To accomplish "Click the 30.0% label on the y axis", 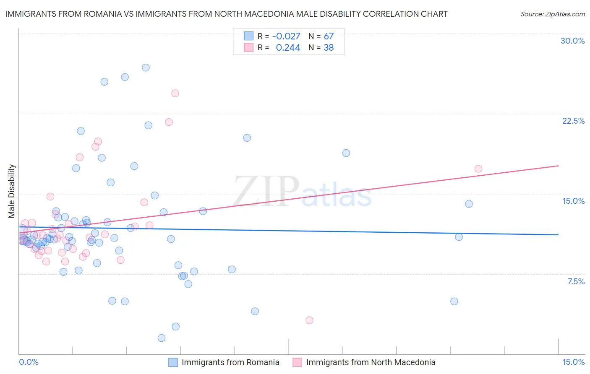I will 572,41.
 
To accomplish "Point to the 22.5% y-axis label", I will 573,121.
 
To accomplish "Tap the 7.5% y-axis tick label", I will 576,281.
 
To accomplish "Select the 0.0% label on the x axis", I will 29,362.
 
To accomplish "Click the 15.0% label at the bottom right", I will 573,362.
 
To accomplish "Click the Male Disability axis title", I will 11,191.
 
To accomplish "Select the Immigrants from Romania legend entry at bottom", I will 230,362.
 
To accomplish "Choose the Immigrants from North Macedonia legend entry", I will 371,362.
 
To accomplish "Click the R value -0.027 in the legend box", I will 286,36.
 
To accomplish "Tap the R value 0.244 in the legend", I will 288,48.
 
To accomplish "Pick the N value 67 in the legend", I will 329,36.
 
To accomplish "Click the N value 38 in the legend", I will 329,48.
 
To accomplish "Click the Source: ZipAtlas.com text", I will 552,14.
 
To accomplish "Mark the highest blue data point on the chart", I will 146,68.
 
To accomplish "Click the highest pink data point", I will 175,93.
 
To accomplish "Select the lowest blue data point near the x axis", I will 162,338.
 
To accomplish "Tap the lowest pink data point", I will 309,320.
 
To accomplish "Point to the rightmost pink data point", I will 478,169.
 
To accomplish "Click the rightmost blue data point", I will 469,204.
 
